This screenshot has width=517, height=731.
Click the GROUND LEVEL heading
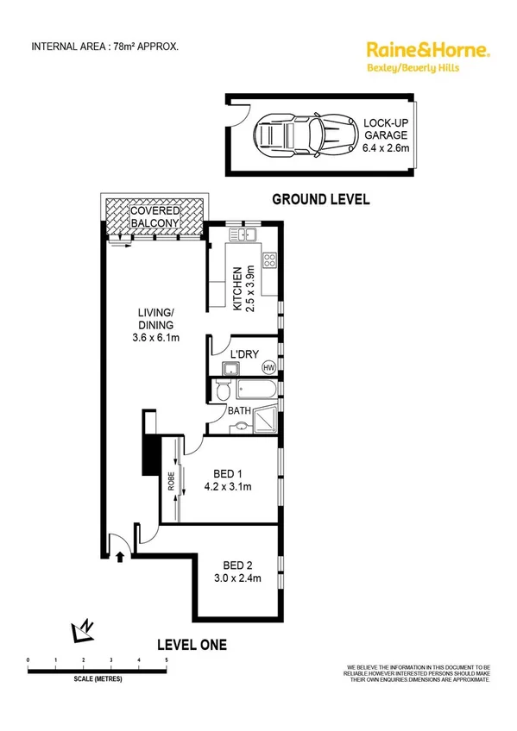(320, 199)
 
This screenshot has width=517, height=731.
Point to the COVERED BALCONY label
(154, 217)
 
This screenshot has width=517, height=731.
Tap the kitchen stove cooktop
(269, 258)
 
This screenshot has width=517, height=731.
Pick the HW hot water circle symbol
(268, 367)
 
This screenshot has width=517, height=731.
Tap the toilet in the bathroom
(224, 392)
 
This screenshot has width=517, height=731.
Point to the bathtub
(256, 392)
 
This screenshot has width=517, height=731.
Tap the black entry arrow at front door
(119, 558)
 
